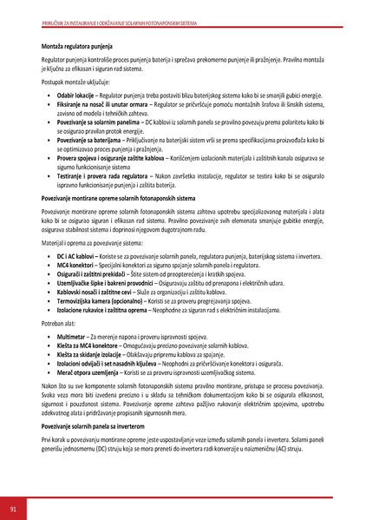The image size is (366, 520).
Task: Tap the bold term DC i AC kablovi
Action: click(76, 257)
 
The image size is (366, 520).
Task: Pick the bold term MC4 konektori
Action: click(76, 266)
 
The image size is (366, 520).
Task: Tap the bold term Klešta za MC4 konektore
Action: click(90, 345)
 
